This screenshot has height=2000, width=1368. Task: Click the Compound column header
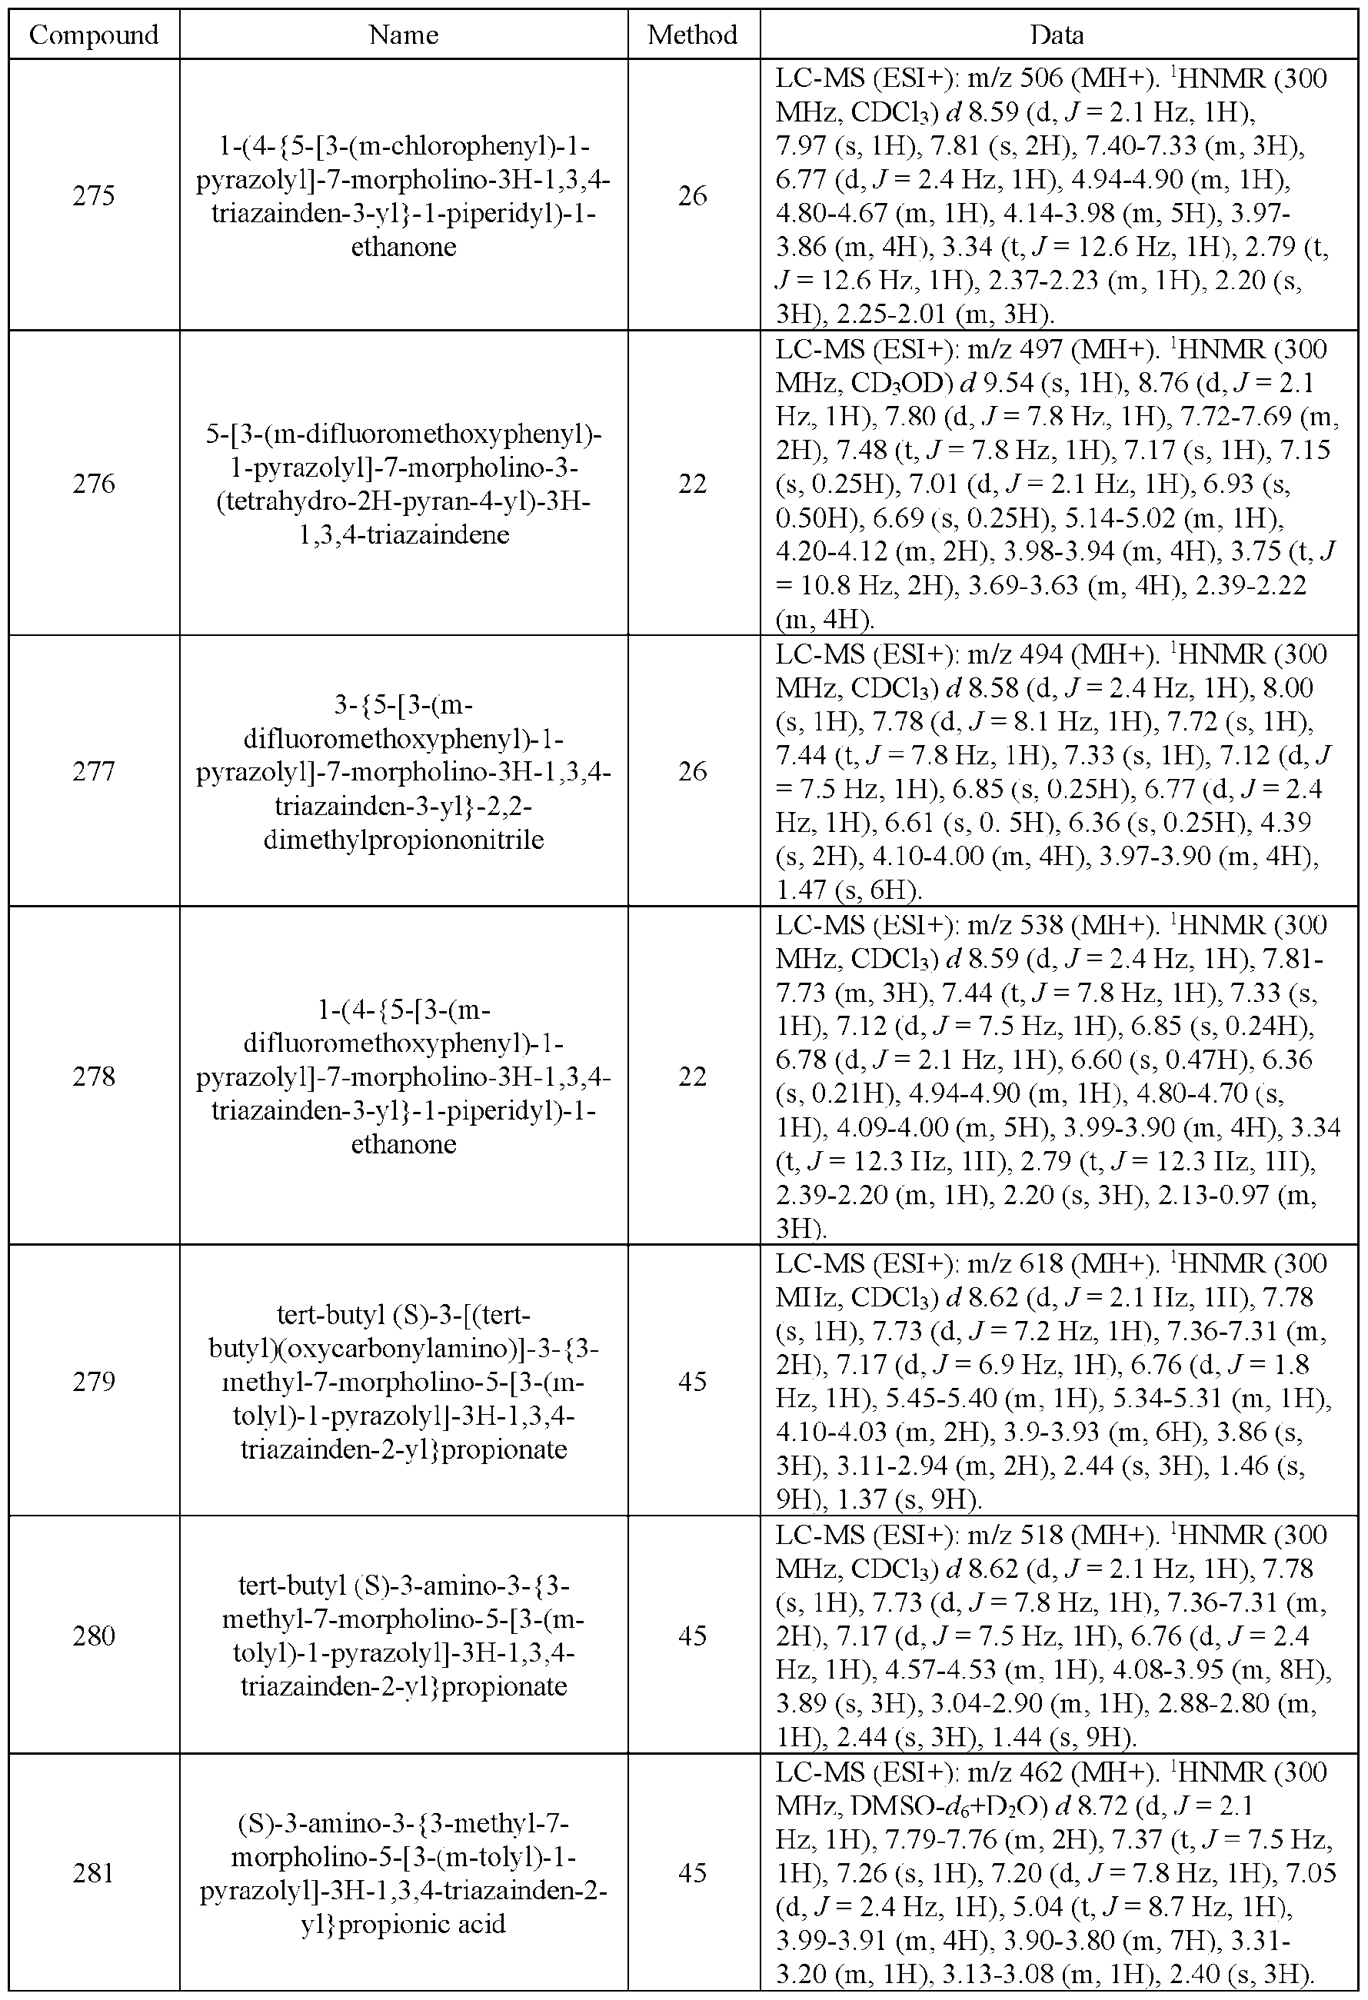coord(94,35)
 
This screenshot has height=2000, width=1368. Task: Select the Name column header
coord(404,35)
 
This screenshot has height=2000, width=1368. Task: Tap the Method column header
coord(693,35)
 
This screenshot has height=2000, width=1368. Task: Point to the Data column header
coord(1057,35)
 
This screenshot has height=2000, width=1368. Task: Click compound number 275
coord(94,196)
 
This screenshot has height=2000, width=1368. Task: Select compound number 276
coord(94,484)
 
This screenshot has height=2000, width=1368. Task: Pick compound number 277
coord(94,771)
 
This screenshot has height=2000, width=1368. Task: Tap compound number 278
coord(94,1077)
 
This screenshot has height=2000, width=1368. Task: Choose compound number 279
coord(94,1381)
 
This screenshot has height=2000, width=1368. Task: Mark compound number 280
coord(94,1635)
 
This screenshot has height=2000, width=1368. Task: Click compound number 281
coord(94,1872)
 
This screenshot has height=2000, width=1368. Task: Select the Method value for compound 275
coord(693,196)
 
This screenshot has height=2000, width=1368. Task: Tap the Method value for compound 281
coord(693,1872)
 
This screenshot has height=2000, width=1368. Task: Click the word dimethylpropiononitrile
coord(404,839)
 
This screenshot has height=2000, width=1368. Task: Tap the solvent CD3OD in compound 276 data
coord(898,384)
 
